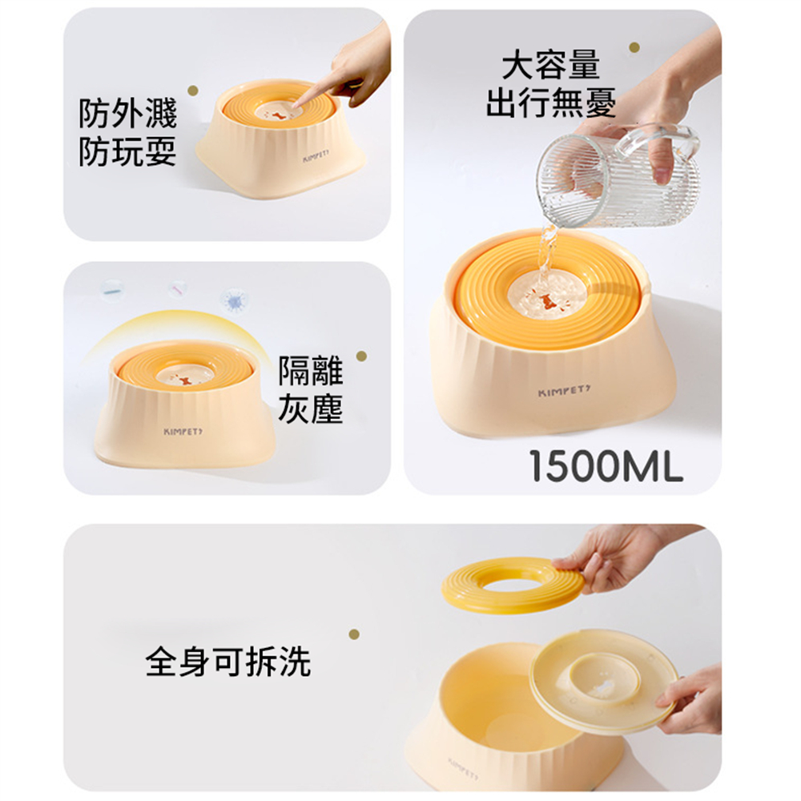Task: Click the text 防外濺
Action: point(127,115)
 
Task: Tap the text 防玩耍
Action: point(127,152)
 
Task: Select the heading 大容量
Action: point(550,65)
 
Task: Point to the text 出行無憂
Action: point(550,103)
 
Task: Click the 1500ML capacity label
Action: point(606,466)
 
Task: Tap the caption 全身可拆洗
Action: point(228,662)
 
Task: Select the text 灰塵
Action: point(311,409)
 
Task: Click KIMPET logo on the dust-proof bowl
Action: point(183,432)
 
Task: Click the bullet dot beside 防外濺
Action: point(191,91)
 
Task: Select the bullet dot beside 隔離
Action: point(361,356)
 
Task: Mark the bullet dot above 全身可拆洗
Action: point(353,634)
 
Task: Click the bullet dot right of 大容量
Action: point(634,48)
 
